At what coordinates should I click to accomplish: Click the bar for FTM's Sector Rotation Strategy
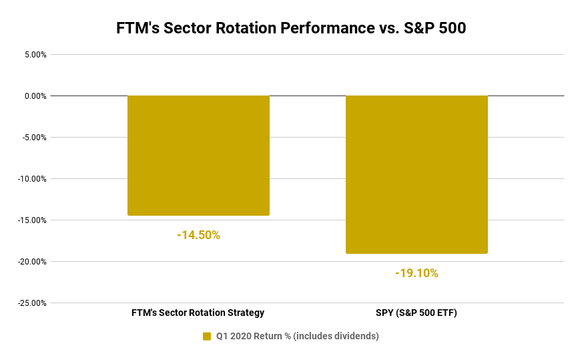[198, 155]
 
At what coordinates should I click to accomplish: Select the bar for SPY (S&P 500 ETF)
[416, 174]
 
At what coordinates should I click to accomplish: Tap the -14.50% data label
[198, 235]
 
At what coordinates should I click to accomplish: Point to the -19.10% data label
[416, 273]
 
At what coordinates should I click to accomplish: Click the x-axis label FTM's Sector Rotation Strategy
[198, 313]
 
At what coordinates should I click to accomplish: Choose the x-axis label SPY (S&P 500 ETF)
[416, 313]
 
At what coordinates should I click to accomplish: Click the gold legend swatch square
[207, 337]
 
